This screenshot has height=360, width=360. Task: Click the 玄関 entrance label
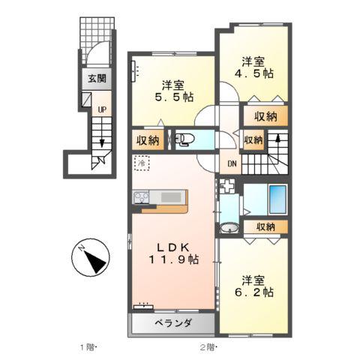pyautogui.click(x=97, y=78)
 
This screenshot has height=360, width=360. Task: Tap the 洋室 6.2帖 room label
pyautogui.click(x=252, y=286)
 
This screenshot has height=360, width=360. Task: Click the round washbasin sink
pyautogui.click(x=230, y=229)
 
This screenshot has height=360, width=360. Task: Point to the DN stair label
pyautogui.click(x=232, y=166)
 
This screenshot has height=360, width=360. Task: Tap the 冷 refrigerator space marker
pyautogui.click(x=141, y=162)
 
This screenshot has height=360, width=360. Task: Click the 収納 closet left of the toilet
pyautogui.click(x=148, y=139)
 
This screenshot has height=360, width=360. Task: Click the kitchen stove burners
pyautogui.click(x=142, y=197)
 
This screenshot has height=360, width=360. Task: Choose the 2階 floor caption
pyautogui.click(x=208, y=346)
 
